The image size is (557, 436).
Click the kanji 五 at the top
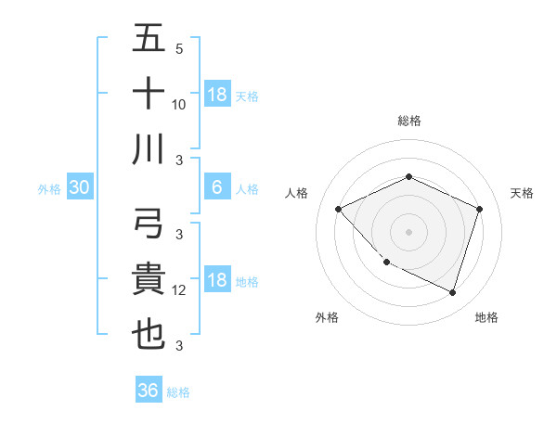click(x=149, y=41)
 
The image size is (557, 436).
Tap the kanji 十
click(x=149, y=95)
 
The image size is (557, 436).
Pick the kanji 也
click(x=149, y=335)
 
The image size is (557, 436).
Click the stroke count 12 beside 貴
click(x=180, y=291)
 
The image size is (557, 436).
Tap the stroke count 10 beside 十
click(x=180, y=105)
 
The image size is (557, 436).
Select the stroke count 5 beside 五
click(x=179, y=49)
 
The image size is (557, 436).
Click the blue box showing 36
click(x=149, y=391)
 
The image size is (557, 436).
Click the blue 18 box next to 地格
click(x=217, y=281)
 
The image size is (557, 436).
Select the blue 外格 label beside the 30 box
click(x=49, y=189)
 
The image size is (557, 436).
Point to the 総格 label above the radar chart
click(x=409, y=121)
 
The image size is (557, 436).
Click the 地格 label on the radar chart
click(x=486, y=318)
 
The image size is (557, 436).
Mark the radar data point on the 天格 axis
click(x=480, y=209)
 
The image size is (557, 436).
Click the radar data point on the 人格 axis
click(x=339, y=209)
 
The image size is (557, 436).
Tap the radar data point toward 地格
click(x=453, y=292)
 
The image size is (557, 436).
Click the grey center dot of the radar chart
click(x=409, y=232)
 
